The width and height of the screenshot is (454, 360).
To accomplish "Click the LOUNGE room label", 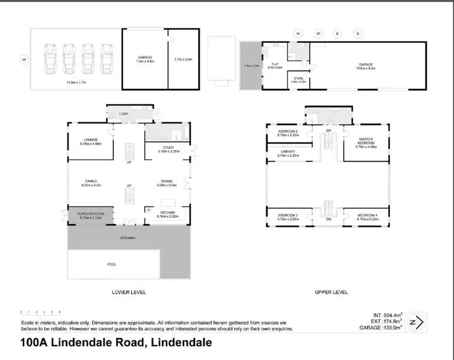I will tap(91, 140).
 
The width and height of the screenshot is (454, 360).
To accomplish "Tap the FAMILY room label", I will tap(91, 182).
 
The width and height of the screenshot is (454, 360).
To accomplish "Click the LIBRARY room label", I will tap(288, 152).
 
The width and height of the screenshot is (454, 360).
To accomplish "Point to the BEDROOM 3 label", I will tap(288, 215).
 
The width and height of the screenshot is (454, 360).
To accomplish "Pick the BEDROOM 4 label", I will tap(368, 215).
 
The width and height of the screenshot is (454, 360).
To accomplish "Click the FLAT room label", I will tap(274, 64).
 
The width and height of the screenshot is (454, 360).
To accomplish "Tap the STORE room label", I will tap(298, 79).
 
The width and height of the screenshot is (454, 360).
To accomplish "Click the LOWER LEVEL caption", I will tap(129, 292).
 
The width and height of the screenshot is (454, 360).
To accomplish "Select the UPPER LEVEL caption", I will tap(331, 292).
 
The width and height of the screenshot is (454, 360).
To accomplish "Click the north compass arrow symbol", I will tap(416, 322).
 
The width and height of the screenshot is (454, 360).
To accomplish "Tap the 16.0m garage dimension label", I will tap(367, 67).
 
